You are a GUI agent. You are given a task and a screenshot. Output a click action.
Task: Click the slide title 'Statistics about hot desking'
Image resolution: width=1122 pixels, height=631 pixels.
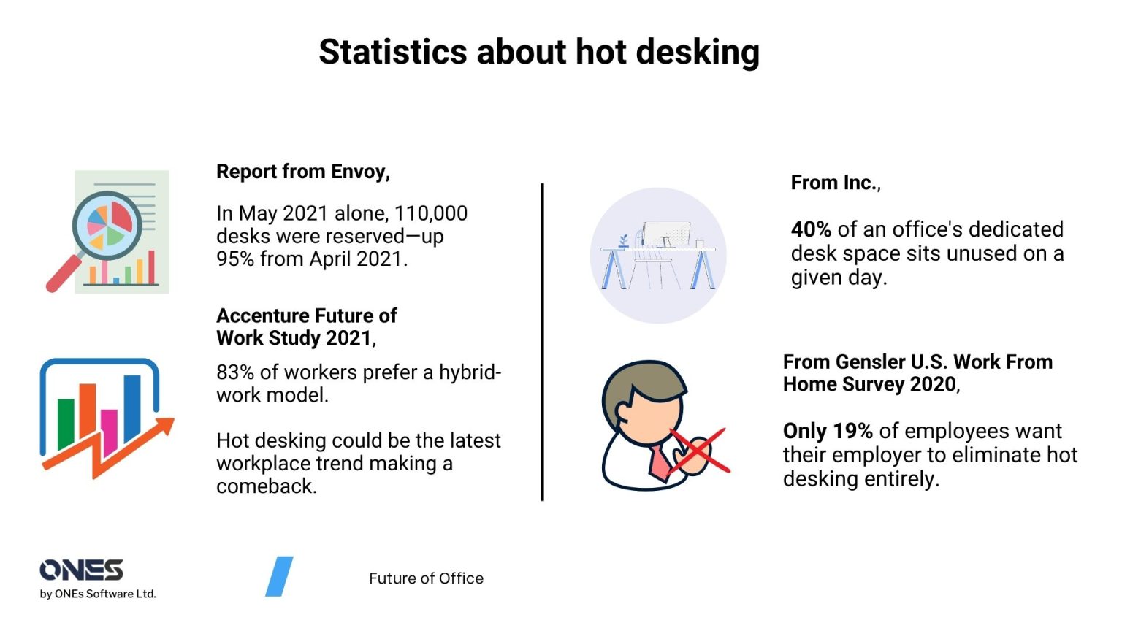pos(539,53)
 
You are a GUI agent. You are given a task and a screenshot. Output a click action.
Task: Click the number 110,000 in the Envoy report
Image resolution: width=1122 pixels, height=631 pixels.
pos(431,213)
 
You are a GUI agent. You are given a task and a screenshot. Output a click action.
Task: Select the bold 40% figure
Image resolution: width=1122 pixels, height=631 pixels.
pos(811,229)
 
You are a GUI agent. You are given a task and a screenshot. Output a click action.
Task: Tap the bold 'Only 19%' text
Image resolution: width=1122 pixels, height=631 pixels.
pos(828,431)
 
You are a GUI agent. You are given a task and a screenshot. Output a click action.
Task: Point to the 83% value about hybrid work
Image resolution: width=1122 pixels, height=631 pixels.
pos(234,372)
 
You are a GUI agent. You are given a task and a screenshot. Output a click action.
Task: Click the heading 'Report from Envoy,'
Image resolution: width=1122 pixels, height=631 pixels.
pos(303,172)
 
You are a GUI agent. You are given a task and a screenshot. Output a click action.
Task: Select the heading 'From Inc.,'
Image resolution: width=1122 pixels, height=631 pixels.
pos(836,183)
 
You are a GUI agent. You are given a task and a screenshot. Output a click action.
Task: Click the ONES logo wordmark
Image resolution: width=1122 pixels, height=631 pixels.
pos(81,570)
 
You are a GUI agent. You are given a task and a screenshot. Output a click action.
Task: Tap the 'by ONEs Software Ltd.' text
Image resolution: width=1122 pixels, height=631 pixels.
pos(98,594)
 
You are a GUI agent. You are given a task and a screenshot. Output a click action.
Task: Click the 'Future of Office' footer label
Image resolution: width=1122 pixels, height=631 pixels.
pos(426,578)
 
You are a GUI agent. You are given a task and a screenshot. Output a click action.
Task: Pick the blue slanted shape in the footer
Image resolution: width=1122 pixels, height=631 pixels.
pos(279,576)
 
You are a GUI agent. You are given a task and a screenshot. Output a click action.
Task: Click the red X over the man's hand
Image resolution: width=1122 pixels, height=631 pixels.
pos(699,451)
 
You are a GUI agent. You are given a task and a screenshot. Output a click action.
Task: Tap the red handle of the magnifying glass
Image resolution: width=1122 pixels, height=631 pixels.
pos(61,275)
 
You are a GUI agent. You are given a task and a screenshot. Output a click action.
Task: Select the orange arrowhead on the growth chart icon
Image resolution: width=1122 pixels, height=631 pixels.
pos(164,427)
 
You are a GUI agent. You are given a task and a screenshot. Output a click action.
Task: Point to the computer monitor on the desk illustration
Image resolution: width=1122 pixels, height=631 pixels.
pos(666,234)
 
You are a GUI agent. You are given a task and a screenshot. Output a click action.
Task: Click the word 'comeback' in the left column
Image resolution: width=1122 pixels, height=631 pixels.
pos(265,486)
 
